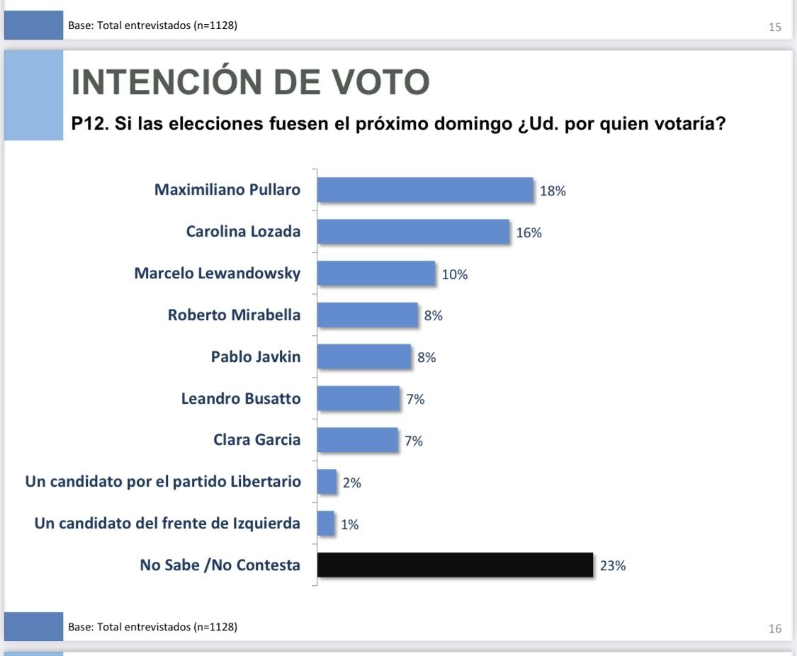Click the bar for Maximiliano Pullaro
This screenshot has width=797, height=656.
pos(425,190)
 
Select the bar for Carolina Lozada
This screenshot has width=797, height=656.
pos(413,232)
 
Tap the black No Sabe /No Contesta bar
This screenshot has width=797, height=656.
pos(455,565)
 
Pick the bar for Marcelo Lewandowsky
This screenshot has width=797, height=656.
pos(376,273)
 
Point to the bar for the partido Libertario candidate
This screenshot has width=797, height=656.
pos(327,482)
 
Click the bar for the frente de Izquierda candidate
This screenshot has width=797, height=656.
pos(326,524)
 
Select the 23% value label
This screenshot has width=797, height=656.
pos(613,566)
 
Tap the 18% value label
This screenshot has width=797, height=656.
pos(553,191)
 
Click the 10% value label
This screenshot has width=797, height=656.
pos(455,274)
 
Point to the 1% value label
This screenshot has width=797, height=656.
pos(350,524)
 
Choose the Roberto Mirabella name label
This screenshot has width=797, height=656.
pos(234,315)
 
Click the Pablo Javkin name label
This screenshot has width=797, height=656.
pos(256,357)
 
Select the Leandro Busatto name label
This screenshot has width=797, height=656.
pos(241,399)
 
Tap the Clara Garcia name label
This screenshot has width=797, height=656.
pos(257,440)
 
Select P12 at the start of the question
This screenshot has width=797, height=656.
pos(87,125)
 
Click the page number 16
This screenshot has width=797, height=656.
pos(774,628)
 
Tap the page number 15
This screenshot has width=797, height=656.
pos(774,28)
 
